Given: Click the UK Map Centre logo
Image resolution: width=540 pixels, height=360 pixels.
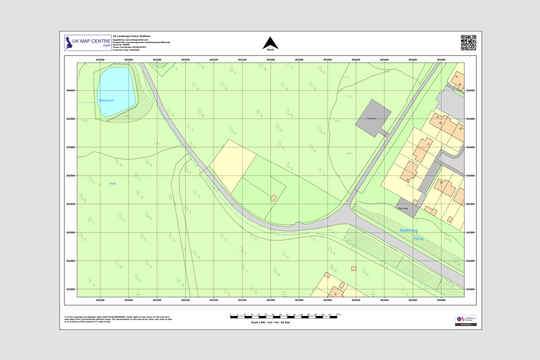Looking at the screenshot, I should [x=88, y=43].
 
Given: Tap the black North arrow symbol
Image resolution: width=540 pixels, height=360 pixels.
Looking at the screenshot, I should [x=270, y=43].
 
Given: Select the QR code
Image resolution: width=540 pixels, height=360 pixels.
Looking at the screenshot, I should [x=468, y=42].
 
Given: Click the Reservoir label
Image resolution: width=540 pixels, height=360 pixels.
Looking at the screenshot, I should [x=106, y=100].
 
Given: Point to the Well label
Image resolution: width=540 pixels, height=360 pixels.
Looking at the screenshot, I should [x=112, y=183].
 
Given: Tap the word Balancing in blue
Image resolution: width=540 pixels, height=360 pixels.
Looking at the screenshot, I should [x=409, y=230].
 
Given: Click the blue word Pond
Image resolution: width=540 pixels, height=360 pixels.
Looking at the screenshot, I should [x=418, y=239].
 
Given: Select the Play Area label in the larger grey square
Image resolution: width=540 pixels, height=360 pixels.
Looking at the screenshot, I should [x=371, y=118].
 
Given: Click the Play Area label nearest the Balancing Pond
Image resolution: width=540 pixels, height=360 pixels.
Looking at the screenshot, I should [x=403, y=208].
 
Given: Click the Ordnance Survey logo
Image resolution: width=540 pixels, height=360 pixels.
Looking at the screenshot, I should [x=465, y=320].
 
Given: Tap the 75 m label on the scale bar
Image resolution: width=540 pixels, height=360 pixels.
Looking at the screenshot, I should [x=338, y=315].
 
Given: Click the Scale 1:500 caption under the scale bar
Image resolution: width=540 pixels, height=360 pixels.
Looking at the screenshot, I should [x=270, y=322].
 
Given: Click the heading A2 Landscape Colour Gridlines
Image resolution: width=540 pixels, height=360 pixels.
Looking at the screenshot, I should [x=131, y=36].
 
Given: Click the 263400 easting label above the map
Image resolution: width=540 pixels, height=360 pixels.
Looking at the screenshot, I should [x=327, y=60].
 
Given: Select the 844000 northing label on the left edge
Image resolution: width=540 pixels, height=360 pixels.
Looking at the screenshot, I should [x=70, y=90].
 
